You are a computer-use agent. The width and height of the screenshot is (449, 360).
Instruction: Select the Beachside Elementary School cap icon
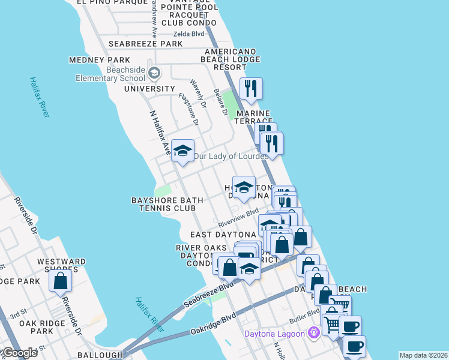tap(154, 73)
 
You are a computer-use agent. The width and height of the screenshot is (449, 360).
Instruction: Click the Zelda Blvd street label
tap(188, 34)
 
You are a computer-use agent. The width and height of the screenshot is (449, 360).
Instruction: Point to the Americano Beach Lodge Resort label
tap(234, 59)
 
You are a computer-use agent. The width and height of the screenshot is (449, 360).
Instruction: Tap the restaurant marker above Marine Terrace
tap(251, 89)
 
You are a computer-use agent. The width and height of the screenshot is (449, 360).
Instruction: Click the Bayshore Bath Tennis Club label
tap(164, 204)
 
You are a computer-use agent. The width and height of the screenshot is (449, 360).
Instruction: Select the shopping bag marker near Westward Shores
tap(61, 280)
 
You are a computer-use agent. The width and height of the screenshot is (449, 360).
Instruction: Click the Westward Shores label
tap(61, 262)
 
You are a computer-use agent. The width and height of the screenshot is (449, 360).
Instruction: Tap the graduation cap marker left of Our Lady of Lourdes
tap(182, 151)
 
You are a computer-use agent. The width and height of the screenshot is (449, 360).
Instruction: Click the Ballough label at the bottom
tap(100, 355)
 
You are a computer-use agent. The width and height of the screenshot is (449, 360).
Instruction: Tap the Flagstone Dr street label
tap(188, 109)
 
